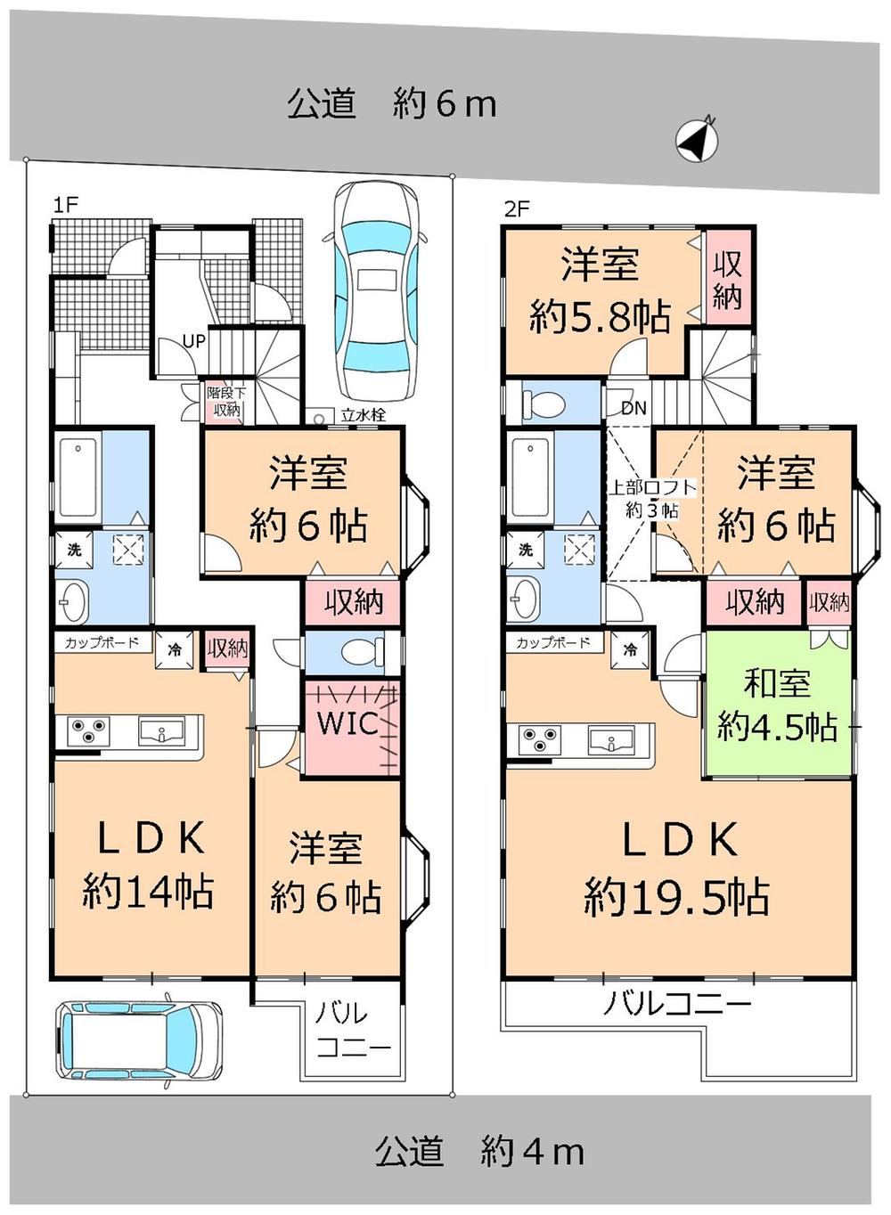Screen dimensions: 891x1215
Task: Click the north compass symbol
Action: click(x=696, y=141)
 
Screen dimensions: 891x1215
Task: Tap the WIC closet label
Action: click(x=347, y=722)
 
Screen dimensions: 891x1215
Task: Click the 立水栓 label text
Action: click(x=364, y=415)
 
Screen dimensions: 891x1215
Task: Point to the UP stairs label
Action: click(x=193, y=341)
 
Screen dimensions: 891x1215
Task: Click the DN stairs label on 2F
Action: click(x=634, y=407)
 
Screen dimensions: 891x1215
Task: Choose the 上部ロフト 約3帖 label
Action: click(x=651, y=499)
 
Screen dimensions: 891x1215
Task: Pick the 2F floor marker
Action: click(x=517, y=208)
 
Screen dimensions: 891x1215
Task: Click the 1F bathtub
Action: click(x=78, y=477)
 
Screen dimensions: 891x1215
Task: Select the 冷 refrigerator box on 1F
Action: click(x=174, y=649)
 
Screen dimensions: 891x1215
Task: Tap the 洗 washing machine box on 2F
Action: click(x=526, y=550)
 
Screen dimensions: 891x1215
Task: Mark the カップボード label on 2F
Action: click(x=553, y=643)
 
